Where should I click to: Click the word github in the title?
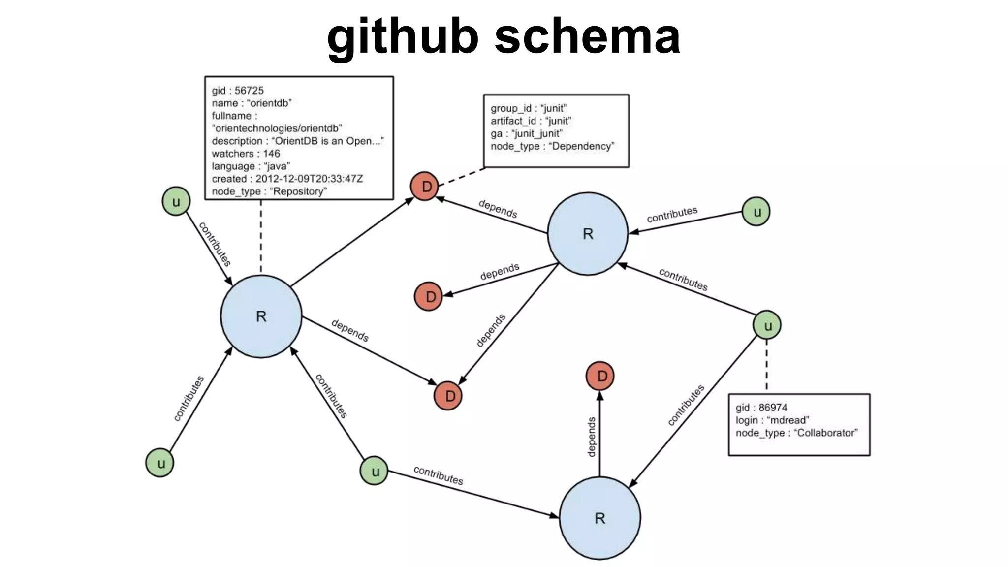(x=403, y=36)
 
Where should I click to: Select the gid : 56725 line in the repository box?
(x=238, y=91)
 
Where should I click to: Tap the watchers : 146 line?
(x=246, y=154)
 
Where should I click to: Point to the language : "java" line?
(x=251, y=166)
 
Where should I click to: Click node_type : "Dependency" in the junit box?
(x=552, y=146)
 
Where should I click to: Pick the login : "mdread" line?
(x=772, y=420)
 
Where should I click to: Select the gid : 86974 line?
(x=761, y=408)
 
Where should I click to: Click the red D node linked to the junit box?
(x=425, y=187)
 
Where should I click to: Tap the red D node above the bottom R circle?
(x=600, y=376)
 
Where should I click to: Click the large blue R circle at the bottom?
(x=600, y=518)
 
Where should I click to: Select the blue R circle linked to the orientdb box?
(x=261, y=316)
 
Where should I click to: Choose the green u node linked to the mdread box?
(x=767, y=325)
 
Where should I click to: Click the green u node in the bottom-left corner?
(x=160, y=463)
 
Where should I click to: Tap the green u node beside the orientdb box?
(x=176, y=201)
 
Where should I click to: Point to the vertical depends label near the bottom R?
(x=592, y=437)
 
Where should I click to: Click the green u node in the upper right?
(x=756, y=212)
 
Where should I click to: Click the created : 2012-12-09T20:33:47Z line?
(x=287, y=179)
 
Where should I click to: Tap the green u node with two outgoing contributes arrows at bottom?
(x=374, y=471)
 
